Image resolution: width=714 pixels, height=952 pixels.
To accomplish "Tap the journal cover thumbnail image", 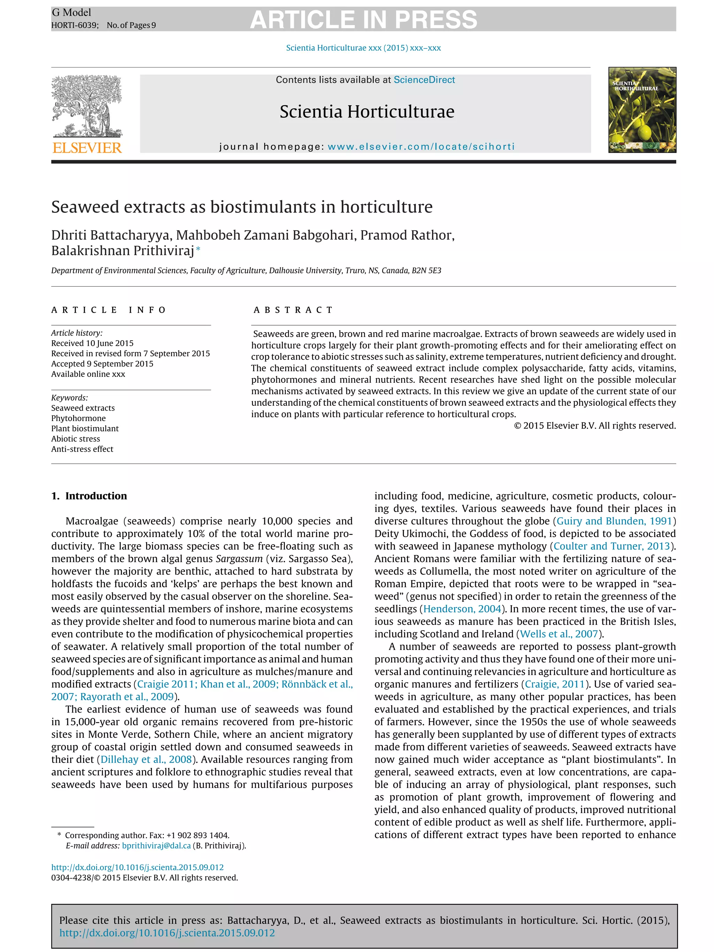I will [642, 110].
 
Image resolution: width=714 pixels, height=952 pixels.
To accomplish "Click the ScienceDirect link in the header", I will [424, 79].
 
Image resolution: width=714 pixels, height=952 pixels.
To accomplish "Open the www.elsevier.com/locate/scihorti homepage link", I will [421, 146].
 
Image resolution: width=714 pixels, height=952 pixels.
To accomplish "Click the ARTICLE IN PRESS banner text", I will [363, 20].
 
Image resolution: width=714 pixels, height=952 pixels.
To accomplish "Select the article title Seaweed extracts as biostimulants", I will [242, 207].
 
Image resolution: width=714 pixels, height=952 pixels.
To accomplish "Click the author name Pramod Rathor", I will [406, 235].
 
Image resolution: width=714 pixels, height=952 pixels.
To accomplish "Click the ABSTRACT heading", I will [293, 310].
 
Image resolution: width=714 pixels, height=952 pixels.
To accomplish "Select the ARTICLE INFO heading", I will [108, 310].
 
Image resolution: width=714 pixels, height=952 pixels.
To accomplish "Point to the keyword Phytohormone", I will [78, 418].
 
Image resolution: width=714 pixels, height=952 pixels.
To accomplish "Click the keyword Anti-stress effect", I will [82, 449].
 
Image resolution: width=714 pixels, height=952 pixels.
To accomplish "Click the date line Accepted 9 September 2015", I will [102, 364].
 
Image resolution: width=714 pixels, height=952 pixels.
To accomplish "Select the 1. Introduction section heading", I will [89, 496].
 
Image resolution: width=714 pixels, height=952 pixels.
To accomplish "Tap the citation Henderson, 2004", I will [462, 609].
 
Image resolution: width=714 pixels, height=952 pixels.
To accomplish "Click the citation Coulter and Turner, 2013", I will [612, 546].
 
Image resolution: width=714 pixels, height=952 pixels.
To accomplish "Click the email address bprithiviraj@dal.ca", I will [156, 846].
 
